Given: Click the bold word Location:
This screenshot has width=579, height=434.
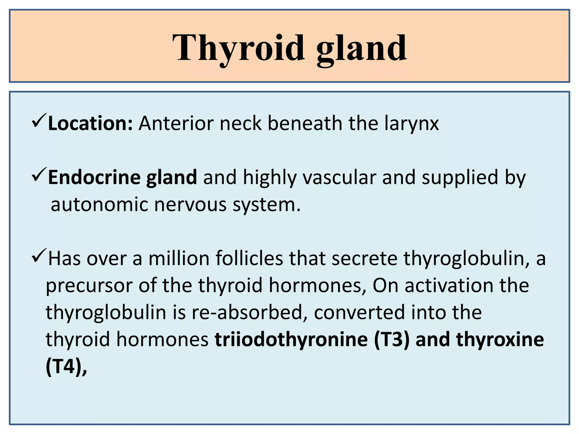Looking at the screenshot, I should tap(90, 123).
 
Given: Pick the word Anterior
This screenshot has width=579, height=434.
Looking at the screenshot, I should tap(176, 123).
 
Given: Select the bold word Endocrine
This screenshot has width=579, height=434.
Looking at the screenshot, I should tap(94, 177).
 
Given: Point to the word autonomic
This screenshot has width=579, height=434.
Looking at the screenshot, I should tap(99, 204).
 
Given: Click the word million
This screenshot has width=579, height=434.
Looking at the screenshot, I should tap(179, 258).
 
